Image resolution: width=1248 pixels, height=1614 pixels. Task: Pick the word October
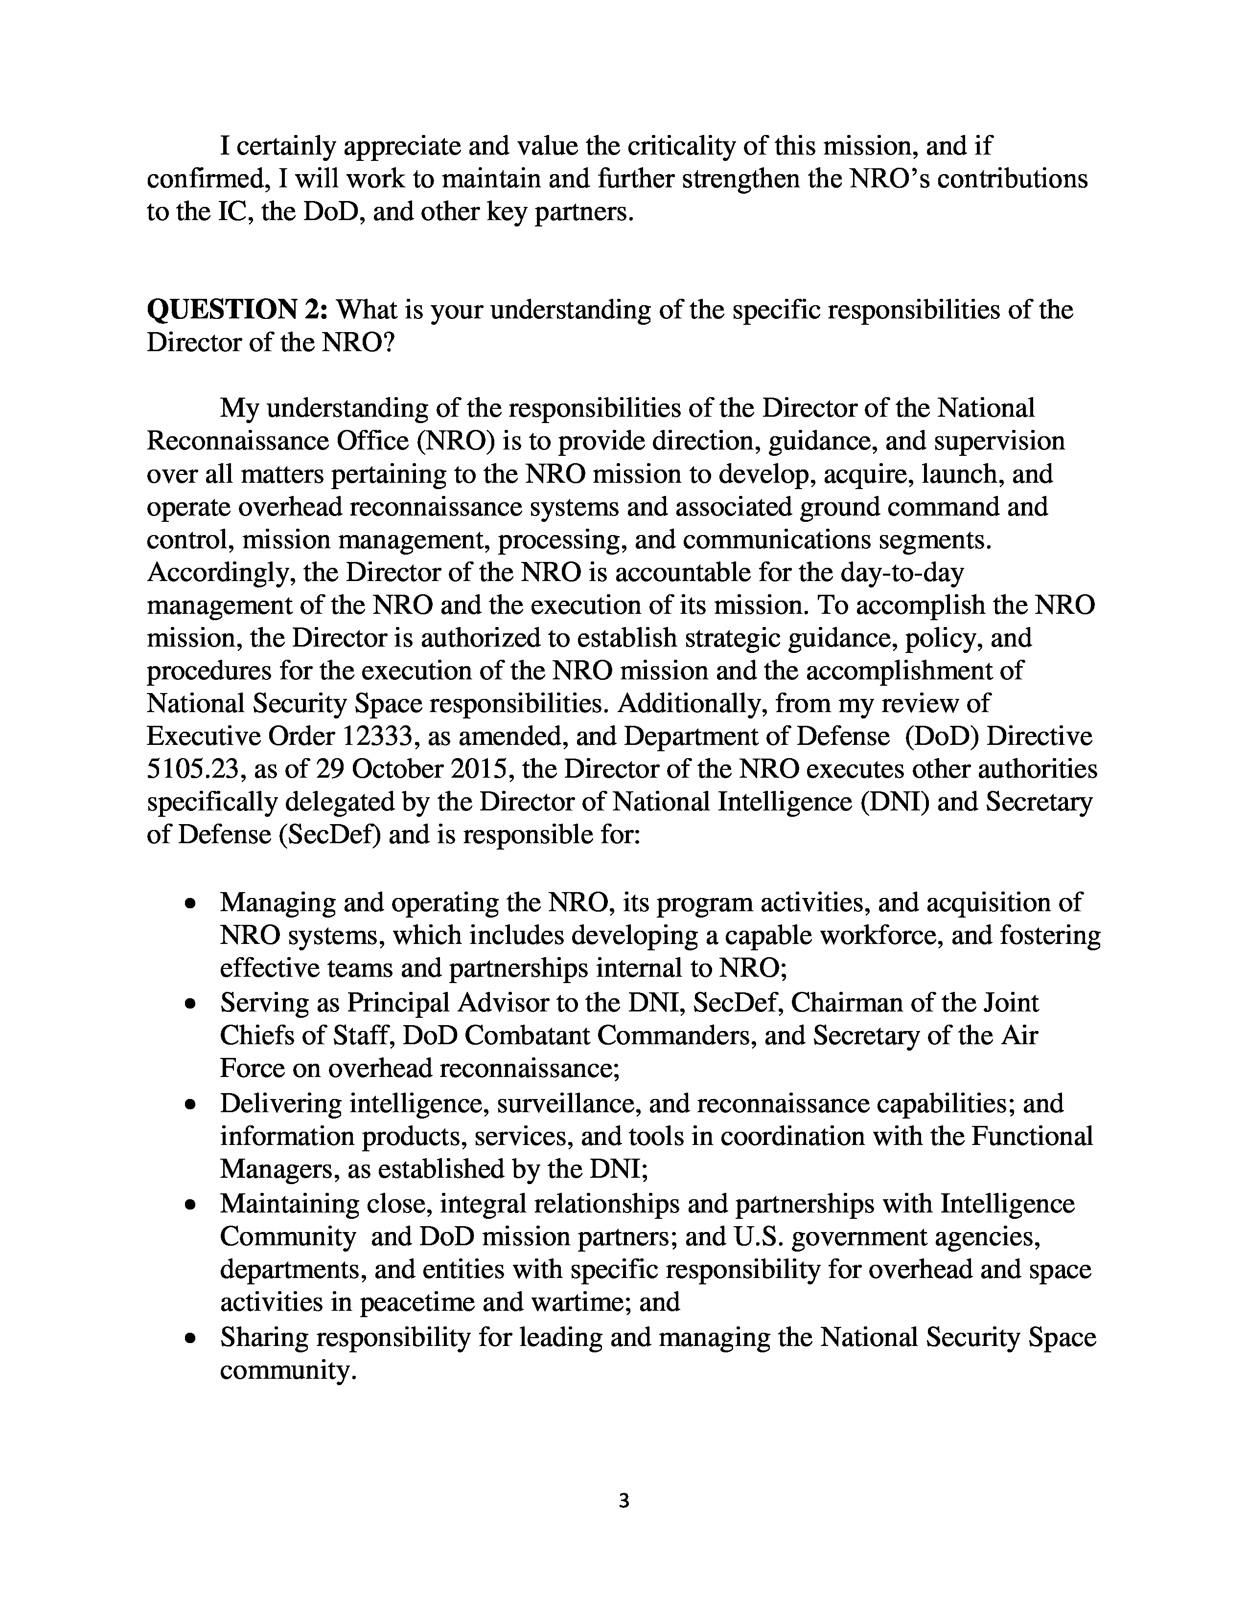click(397, 769)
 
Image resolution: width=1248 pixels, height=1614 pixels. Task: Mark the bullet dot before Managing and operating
click(191, 903)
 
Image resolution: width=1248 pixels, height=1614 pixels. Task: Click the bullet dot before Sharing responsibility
click(191, 1338)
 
